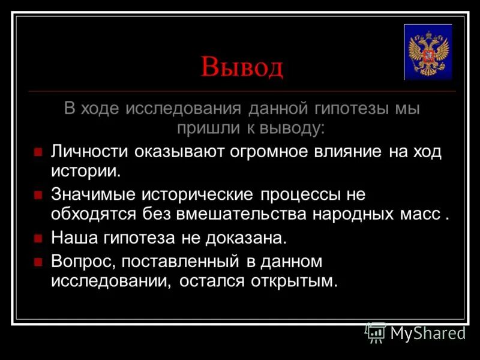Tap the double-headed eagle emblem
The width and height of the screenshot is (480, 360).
point(427,52)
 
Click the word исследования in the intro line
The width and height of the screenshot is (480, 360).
point(183,109)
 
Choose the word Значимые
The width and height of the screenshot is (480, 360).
point(93,195)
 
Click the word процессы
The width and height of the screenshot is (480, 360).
point(298,195)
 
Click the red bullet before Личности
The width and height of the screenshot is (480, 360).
point(38,152)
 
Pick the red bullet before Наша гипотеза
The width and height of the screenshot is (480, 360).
point(38,238)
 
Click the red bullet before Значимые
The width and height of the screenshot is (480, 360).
point(38,196)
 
